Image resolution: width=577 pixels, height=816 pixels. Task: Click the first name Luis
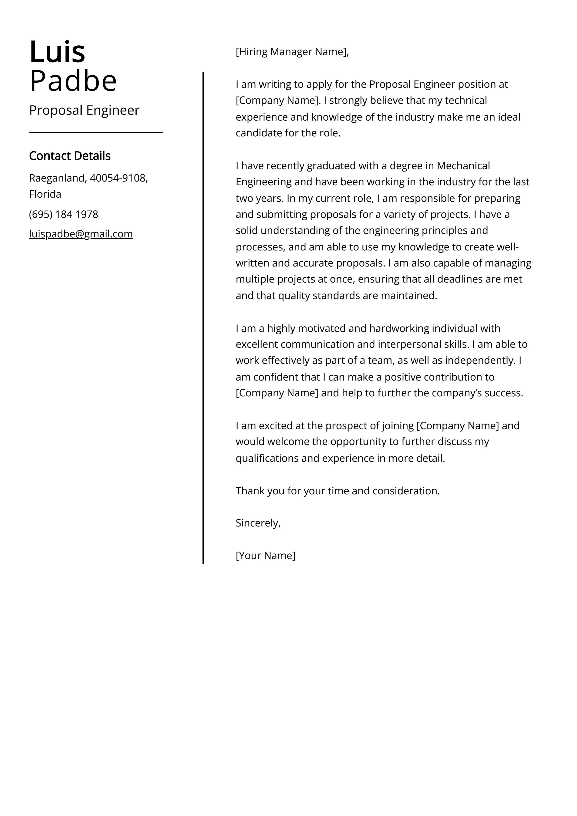(x=57, y=52)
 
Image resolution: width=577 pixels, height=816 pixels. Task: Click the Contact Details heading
(x=70, y=156)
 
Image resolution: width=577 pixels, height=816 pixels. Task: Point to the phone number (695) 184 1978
(x=64, y=214)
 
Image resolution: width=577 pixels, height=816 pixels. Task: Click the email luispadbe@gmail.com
(x=81, y=234)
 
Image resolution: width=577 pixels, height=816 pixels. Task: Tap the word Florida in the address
(x=45, y=194)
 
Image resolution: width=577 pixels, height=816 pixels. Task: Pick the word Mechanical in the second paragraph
(x=463, y=166)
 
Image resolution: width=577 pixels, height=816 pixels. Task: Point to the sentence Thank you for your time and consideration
(x=338, y=491)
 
